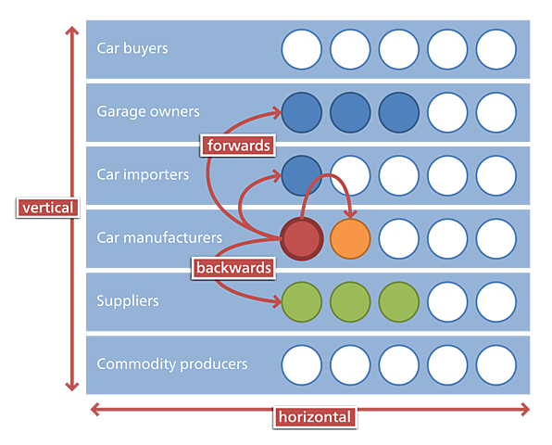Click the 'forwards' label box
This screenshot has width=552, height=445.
click(x=238, y=145)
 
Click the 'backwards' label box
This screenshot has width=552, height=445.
click(x=234, y=268)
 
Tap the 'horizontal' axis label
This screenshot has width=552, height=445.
click(x=315, y=417)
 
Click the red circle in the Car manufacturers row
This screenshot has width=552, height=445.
click(x=302, y=238)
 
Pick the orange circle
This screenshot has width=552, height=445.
click(x=350, y=238)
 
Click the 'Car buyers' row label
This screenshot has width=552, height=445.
click(x=132, y=48)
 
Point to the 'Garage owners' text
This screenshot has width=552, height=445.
click(x=148, y=111)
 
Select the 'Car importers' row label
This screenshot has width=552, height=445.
click(x=143, y=174)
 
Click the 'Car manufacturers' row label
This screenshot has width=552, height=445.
click(x=159, y=238)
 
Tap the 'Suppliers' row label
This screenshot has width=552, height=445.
click(x=128, y=301)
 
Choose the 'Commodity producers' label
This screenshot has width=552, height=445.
click(x=172, y=364)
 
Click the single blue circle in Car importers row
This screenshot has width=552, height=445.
click(x=302, y=175)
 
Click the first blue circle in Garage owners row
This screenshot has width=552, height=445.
click(x=302, y=112)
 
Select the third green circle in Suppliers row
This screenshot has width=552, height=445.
click(x=398, y=301)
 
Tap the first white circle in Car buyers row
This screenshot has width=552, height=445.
click(x=302, y=49)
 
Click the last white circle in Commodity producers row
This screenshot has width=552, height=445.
click(x=496, y=364)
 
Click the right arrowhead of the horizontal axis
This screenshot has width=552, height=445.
click(x=525, y=409)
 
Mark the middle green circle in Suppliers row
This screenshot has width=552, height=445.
click(x=350, y=301)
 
